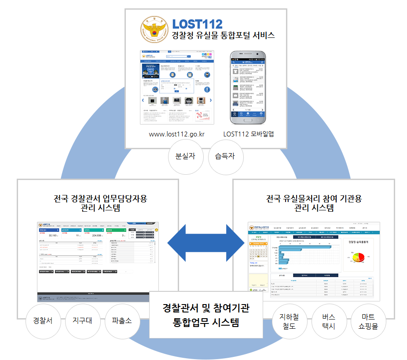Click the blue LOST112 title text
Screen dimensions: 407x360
(x=197, y=24)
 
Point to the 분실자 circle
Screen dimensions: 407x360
(x=186, y=156)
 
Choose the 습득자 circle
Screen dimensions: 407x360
(x=225, y=156)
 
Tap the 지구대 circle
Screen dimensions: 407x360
(x=82, y=320)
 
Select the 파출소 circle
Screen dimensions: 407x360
(x=121, y=320)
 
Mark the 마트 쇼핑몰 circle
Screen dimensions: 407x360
(x=368, y=322)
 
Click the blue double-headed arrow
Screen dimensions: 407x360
(x=206, y=242)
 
